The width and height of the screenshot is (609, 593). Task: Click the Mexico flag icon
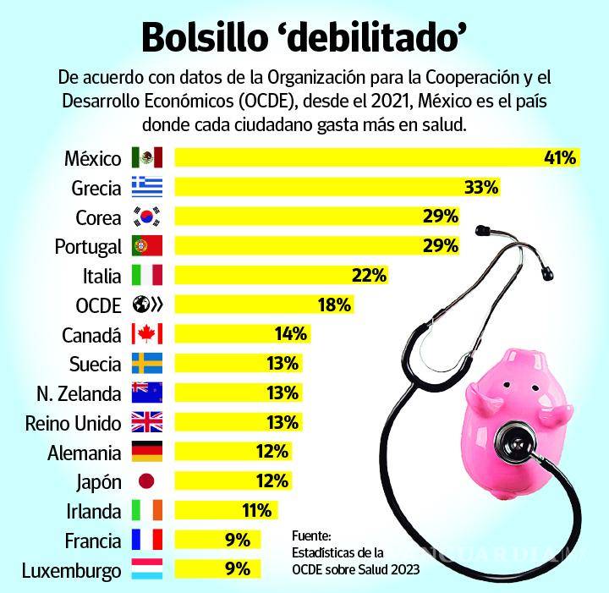click(x=146, y=157)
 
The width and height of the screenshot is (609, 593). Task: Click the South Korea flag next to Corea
click(x=146, y=217)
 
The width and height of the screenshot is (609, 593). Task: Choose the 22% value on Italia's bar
click(x=370, y=275)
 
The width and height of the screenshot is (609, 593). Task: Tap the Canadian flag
click(x=146, y=334)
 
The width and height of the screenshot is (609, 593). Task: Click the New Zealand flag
click(x=146, y=393)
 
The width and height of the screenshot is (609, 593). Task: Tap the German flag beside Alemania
click(x=146, y=452)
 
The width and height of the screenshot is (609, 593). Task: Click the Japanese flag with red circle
click(x=146, y=481)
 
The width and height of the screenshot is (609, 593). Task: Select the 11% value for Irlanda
click(x=255, y=511)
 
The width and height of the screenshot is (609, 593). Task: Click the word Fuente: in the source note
click(x=312, y=536)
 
